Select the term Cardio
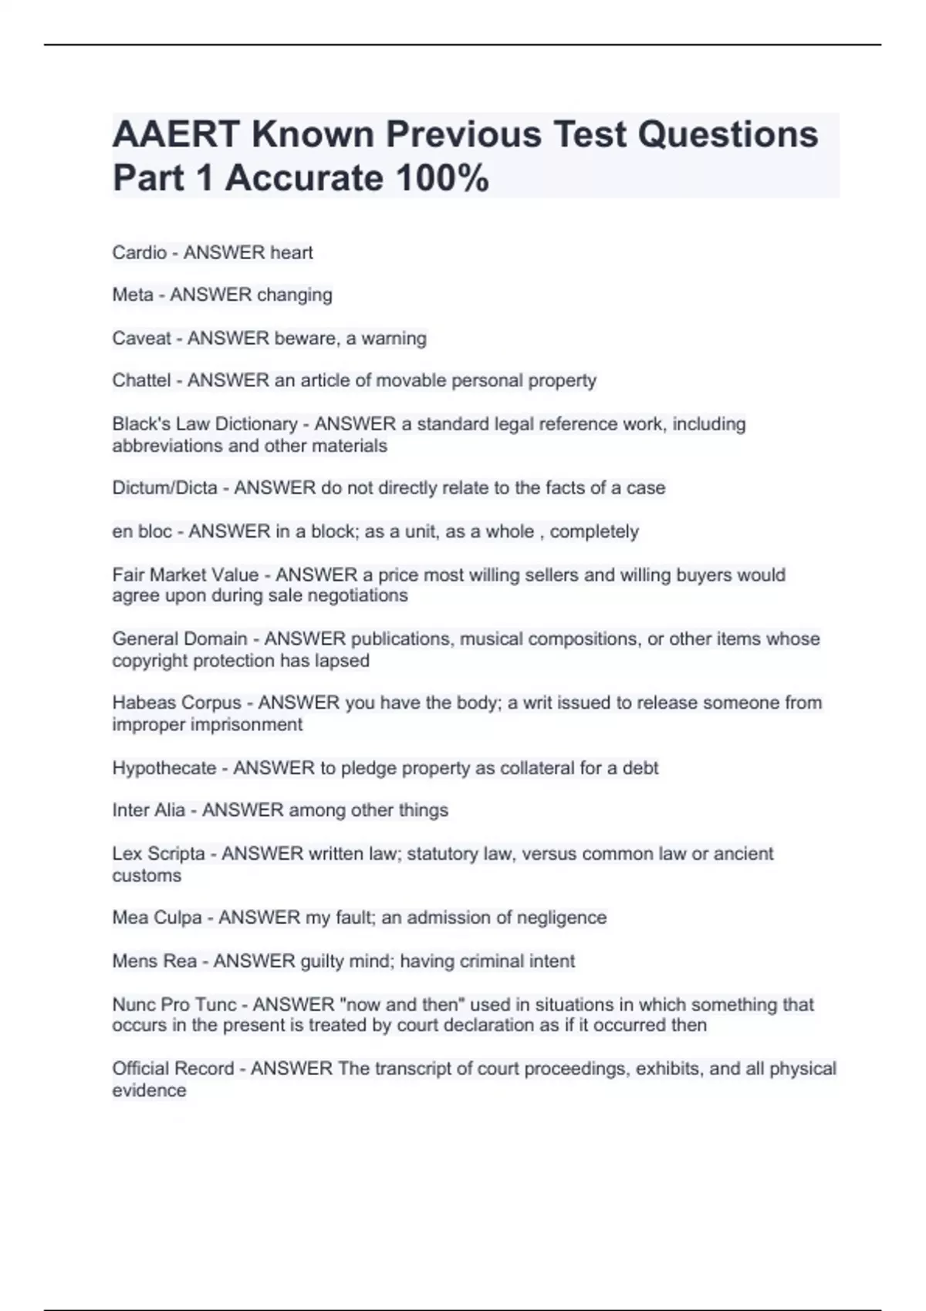[139, 252]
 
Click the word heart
[291, 252]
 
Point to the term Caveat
[141, 338]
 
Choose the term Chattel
[141, 380]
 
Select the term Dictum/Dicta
[164, 487]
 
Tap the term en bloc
[142, 531]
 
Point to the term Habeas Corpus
[177, 703]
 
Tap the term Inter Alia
[148, 810]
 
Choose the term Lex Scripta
[158, 854]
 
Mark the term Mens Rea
[154, 961]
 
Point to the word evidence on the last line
[149, 1090]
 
